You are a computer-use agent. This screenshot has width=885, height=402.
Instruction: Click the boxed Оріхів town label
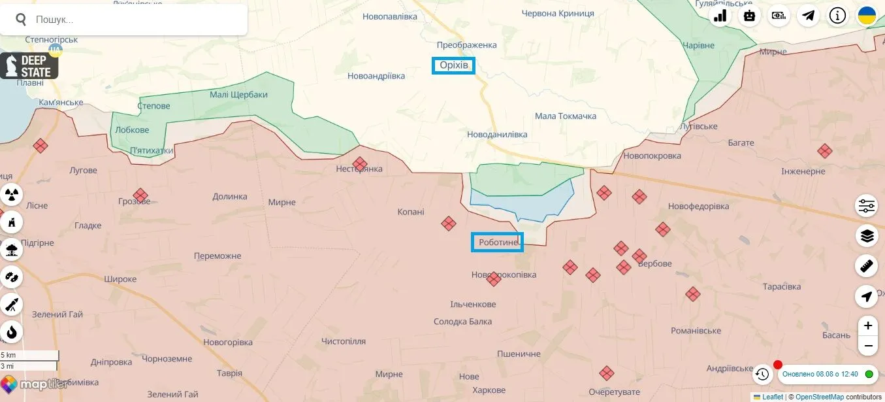click(x=453, y=65)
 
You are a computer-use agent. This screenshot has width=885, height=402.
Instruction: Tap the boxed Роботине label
click(x=497, y=243)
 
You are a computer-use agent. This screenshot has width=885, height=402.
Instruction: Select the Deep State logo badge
click(x=29, y=66)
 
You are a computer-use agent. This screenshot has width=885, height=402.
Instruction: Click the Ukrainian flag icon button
click(x=867, y=16)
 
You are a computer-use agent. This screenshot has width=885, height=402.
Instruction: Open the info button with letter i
click(x=837, y=16)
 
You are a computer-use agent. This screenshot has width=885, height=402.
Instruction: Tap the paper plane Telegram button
click(x=808, y=16)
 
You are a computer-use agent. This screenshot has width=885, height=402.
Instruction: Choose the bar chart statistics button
click(x=720, y=16)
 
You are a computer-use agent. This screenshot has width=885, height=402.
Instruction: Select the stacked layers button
click(x=867, y=235)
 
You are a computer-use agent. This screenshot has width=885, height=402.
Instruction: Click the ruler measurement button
click(x=867, y=265)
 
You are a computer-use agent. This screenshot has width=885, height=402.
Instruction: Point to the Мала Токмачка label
click(x=566, y=116)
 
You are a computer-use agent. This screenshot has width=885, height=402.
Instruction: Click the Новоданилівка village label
click(x=497, y=135)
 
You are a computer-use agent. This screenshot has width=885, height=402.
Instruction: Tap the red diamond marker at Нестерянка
click(x=360, y=164)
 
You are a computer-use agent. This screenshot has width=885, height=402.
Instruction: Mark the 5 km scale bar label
click(x=8, y=355)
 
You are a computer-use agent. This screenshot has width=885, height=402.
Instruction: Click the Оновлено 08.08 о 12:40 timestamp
click(x=820, y=374)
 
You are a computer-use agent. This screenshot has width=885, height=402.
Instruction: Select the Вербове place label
click(x=654, y=264)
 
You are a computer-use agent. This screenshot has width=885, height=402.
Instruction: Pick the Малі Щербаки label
click(x=238, y=95)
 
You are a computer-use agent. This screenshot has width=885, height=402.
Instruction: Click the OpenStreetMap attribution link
click(x=820, y=397)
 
